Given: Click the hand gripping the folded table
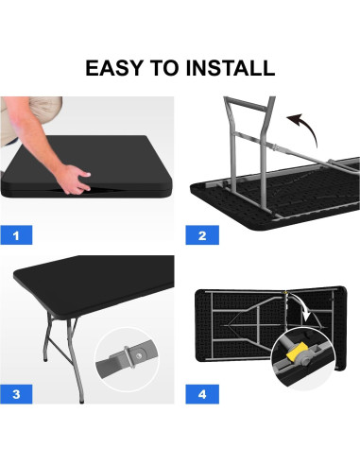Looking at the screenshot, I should [75, 175].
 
